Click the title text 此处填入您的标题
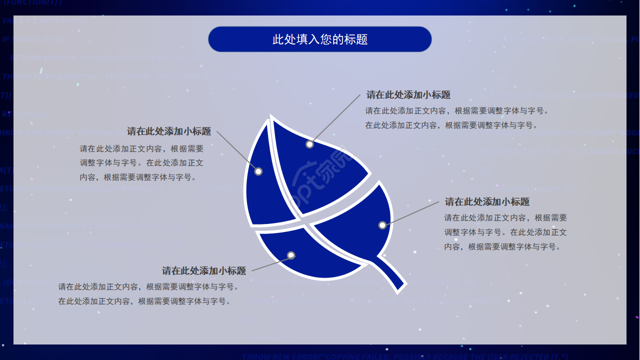[320, 39]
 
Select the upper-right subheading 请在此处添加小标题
[408, 95]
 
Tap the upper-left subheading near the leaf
[169, 131]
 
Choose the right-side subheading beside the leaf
[487, 202]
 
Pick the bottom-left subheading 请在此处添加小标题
[204, 271]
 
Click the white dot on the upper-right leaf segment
[309, 144]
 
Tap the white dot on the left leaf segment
[258, 171]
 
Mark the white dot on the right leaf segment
[382, 225]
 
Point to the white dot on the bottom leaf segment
[291, 255]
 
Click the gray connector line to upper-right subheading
[335, 118]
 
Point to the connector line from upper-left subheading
[237, 151]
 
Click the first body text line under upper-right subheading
[457, 111]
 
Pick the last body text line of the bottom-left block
[144, 301]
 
